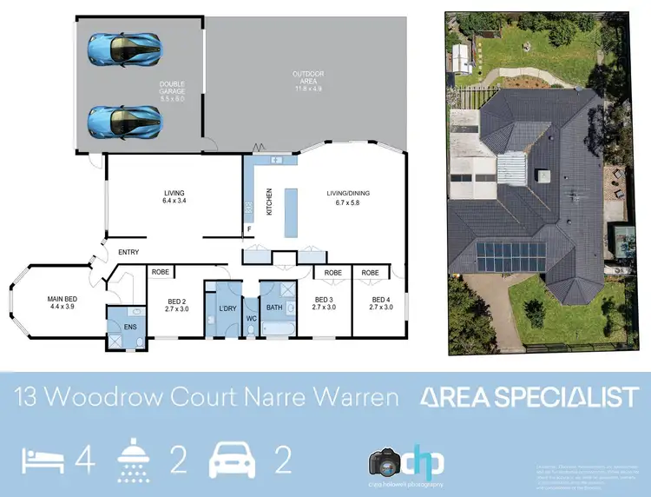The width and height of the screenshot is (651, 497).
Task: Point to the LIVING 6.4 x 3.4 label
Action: pyautogui.click(x=174, y=197)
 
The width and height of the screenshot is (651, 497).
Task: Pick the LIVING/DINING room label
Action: pyautogui.click(x=347, y=197)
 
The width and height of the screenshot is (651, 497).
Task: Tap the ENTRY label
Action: pyautogui.click(x=128, y=253)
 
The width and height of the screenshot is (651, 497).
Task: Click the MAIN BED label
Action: pyautogui.click(x=61, y=302)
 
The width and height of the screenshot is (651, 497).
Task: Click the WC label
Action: pyautogui.click(x=252, y=318)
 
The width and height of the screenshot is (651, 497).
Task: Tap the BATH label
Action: pyautogui.click(x=274, y=308)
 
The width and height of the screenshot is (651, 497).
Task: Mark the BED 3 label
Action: pyautogui.click(x=325, y=305)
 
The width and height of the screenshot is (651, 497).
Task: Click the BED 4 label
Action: pyautogui.click(x=381, y=305)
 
